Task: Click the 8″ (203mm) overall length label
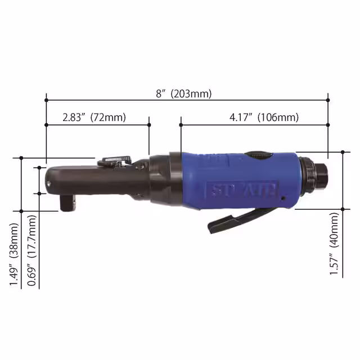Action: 184,94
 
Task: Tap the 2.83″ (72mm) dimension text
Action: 94,118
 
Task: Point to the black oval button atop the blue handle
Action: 259,155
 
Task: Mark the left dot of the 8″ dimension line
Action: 46,101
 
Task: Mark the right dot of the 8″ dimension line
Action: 328,101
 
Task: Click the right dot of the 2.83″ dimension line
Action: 149,124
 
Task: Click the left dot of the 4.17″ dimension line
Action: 181,124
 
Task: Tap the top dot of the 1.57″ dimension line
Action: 342,152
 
